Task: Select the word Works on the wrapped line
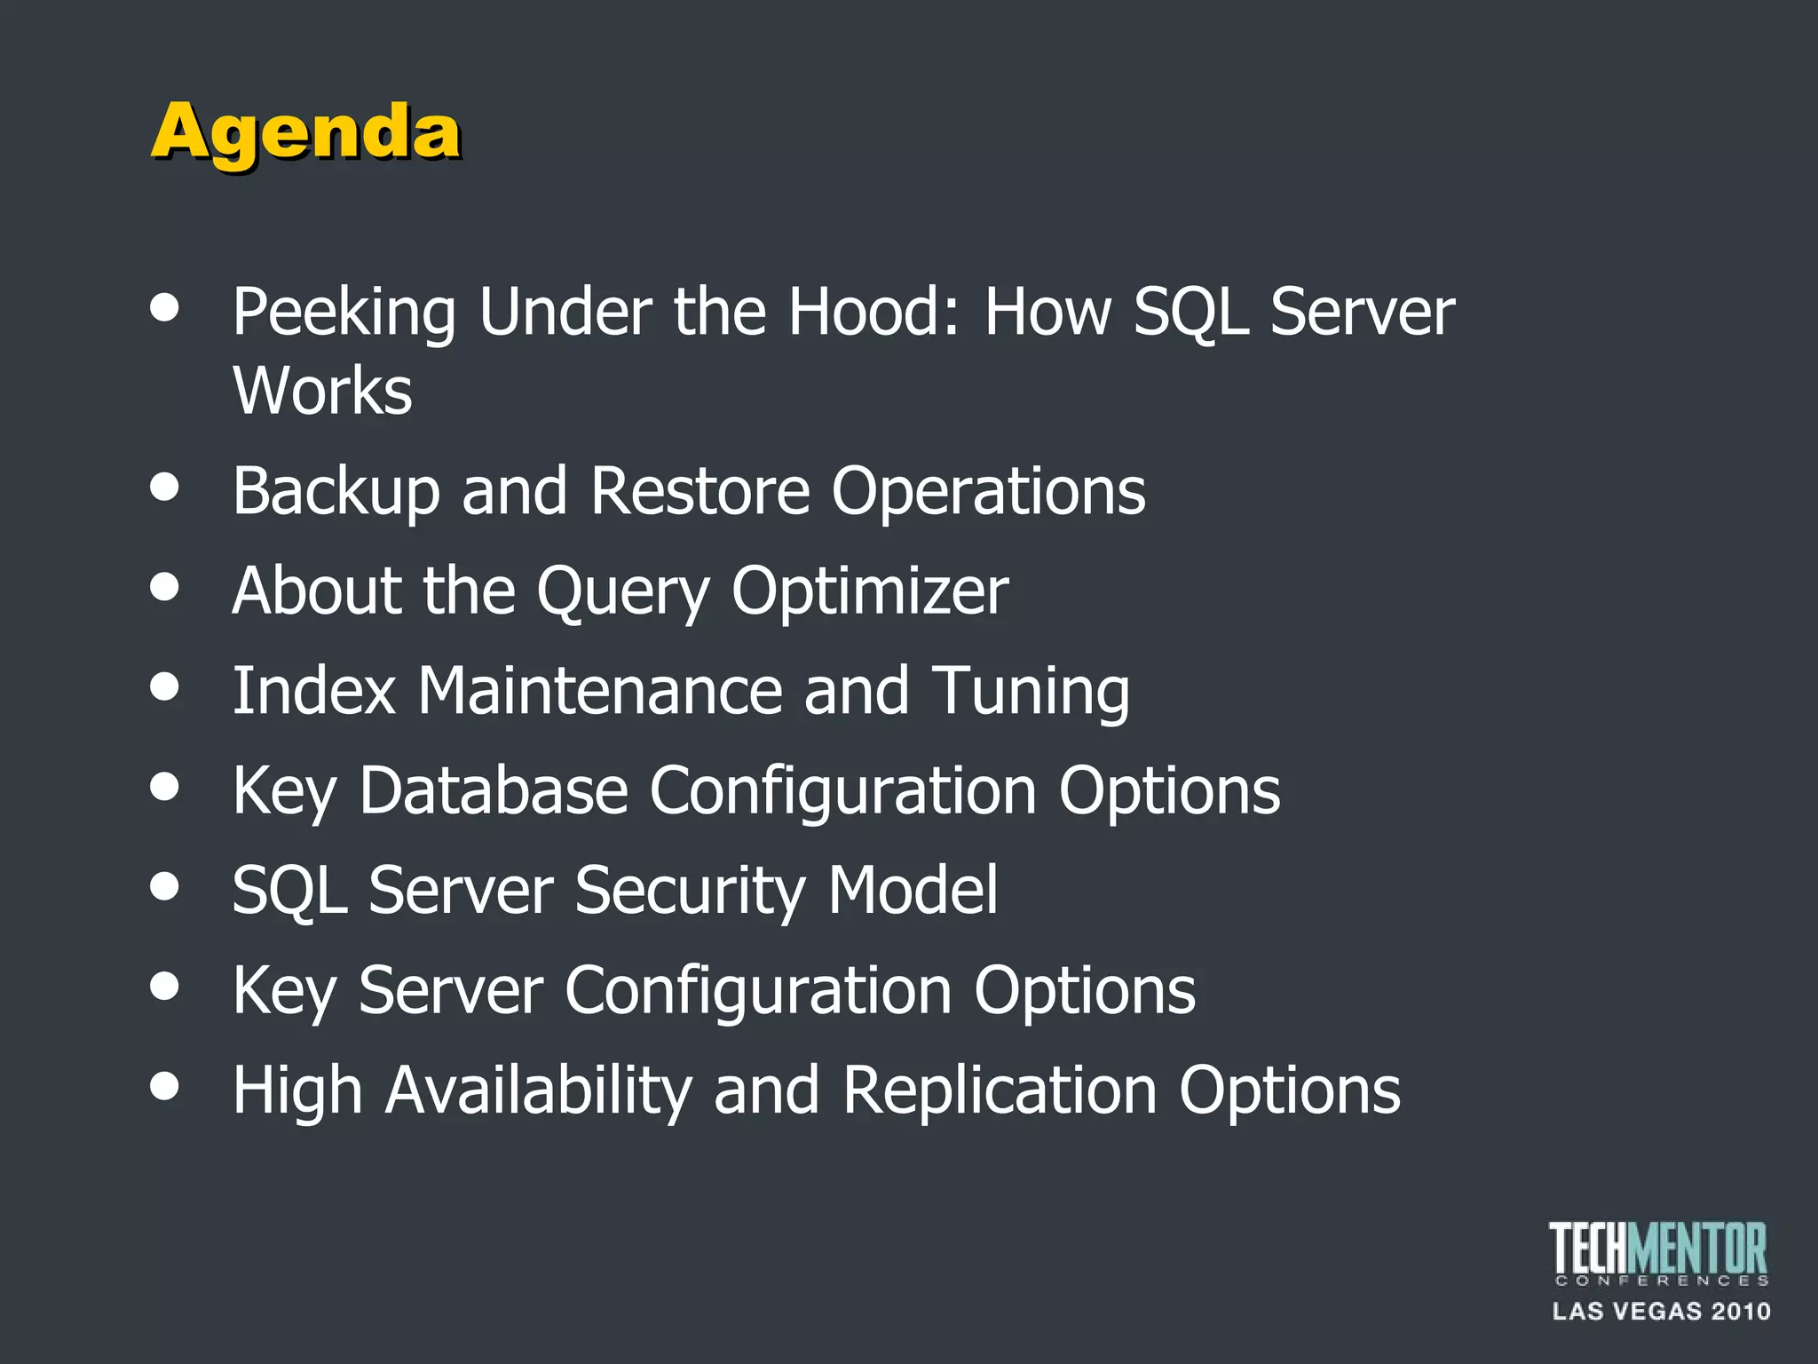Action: [x=322, y=391]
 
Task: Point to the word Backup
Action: [x=336, y=491]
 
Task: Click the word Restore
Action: [x=700, y=491]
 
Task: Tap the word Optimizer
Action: [x=870, y=591]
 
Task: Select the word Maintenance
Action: [x=601, y=691]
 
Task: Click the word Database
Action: [x=494, y=790]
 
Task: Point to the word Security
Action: [x=690, y=891]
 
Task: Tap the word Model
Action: [x=913, y=890]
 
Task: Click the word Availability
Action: [x=538, y=1090]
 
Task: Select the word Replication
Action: [x=1000, y=1090]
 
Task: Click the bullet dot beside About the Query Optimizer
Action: [x=165, y=586]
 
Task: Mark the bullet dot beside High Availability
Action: [x=165, y=1085]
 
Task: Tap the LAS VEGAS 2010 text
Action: [x=1661, y=1312]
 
